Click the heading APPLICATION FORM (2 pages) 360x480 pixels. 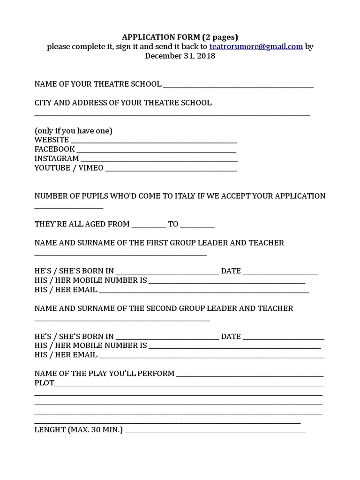point(180,37)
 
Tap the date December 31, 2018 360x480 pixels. point(180,56)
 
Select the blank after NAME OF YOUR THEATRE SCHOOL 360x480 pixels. point(238,85)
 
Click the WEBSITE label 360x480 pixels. point(52,140)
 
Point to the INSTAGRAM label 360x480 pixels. point(57,158)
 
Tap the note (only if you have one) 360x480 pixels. point(73,131)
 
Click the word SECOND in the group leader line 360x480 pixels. point(161,308)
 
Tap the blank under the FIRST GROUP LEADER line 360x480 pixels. point(120,254)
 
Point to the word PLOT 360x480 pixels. point(45,383)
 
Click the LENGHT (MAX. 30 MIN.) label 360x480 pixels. point(79,430)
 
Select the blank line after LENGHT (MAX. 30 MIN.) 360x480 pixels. point(215,431)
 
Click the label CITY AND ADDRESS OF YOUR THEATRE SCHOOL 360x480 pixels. point(123,103)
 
